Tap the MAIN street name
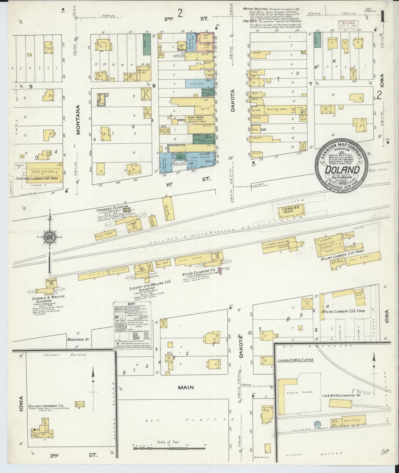[186, 388]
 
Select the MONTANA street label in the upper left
[78, 119]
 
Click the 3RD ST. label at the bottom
[77, 454]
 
